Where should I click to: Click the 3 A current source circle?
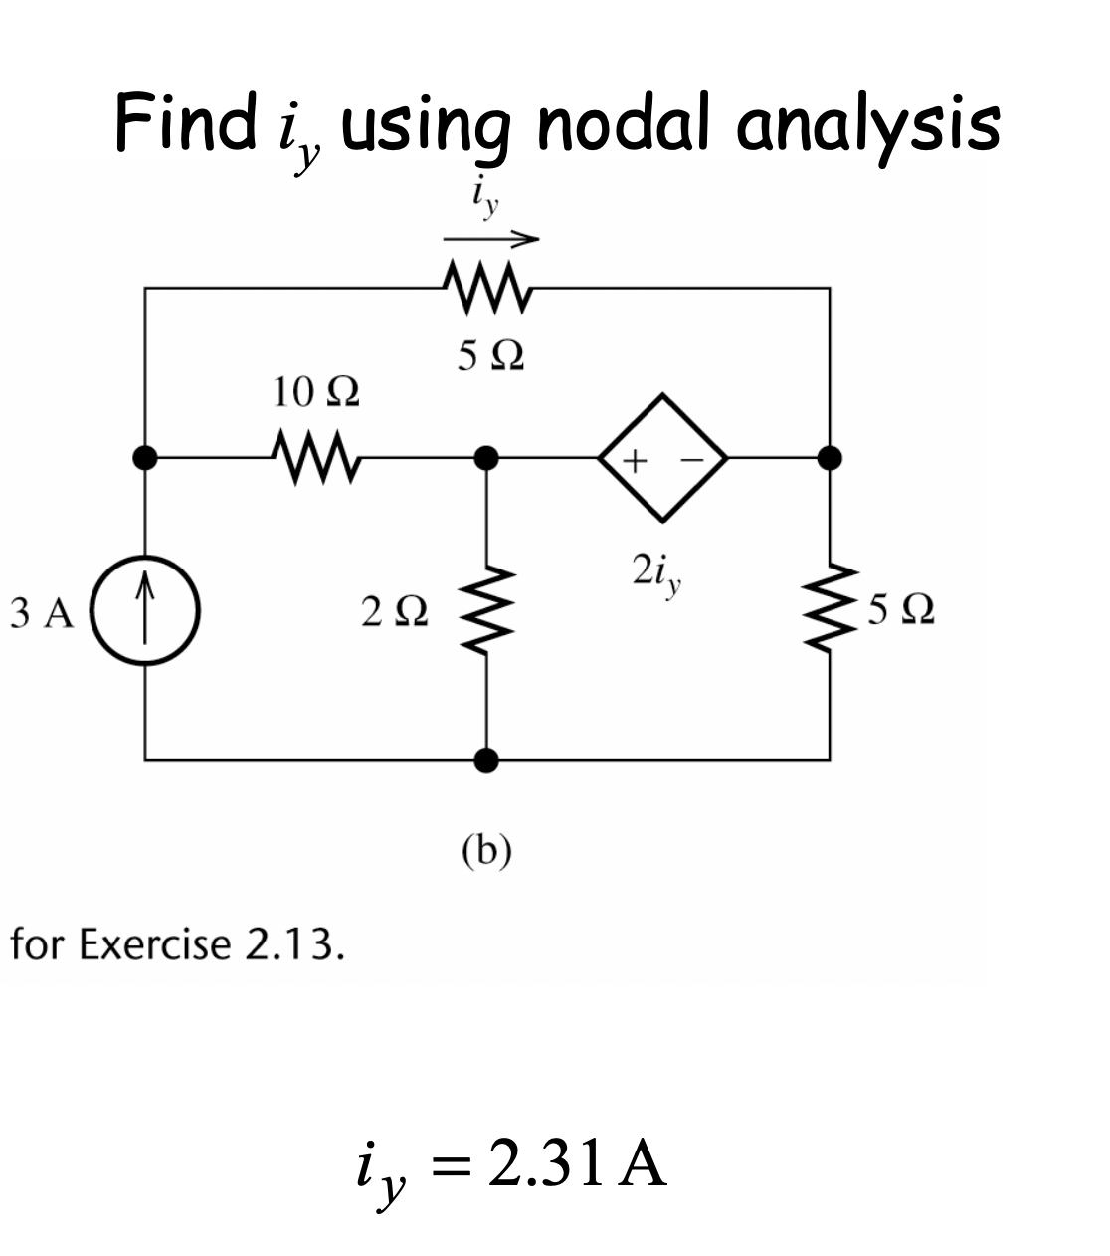click(x=146, y=611)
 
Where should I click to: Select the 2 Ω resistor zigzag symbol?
click(x=486, y=609)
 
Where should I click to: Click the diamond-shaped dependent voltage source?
click(x=663, y=458)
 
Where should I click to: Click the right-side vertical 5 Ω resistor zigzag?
click(x=830, y=609)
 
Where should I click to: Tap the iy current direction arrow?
click(x=490, y=239)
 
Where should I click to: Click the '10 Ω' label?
click(x=315, y=392)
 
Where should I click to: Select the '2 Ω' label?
click(x=395, y=611)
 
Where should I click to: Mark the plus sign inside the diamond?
click(x=638, y=460)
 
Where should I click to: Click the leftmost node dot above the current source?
click(x=145, y=457)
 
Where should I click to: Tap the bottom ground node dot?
click(x=486, y=761)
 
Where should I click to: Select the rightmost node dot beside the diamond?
click(x=830, y=457)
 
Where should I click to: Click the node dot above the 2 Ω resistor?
click(x=486, y=457)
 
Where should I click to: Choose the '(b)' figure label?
click(x=486, y=851)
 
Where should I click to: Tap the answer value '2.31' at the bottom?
click(x=546, y=1165)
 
